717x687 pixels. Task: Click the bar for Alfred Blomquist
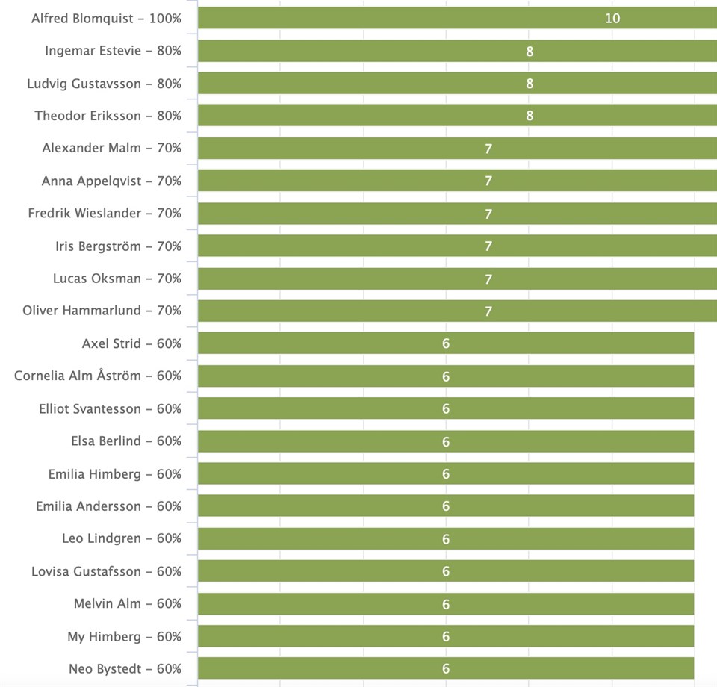457,18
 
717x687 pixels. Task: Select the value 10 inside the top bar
612,18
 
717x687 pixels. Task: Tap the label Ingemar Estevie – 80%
113,51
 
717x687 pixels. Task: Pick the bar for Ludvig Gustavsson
457,83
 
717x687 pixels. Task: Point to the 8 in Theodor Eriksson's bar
530,116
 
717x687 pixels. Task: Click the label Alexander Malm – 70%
111,148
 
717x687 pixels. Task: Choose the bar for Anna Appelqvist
457,181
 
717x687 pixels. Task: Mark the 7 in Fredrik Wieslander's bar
488,214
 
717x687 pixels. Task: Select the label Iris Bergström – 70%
119,246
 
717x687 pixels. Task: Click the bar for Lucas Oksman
457,279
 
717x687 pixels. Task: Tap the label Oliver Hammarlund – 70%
102,311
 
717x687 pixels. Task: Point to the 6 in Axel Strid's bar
446,343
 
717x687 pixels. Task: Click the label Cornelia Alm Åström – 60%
98,376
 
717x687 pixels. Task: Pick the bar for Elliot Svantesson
446,408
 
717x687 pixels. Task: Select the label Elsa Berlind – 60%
126,441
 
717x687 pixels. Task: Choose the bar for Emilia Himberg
446,473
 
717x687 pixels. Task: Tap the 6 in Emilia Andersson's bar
446,506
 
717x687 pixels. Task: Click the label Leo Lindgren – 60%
122,538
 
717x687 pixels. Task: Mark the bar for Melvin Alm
446,604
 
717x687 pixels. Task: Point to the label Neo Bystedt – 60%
125,669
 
